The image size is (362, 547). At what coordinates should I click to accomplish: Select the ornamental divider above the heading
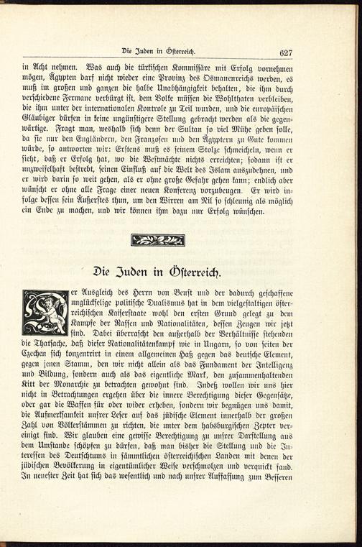170,241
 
